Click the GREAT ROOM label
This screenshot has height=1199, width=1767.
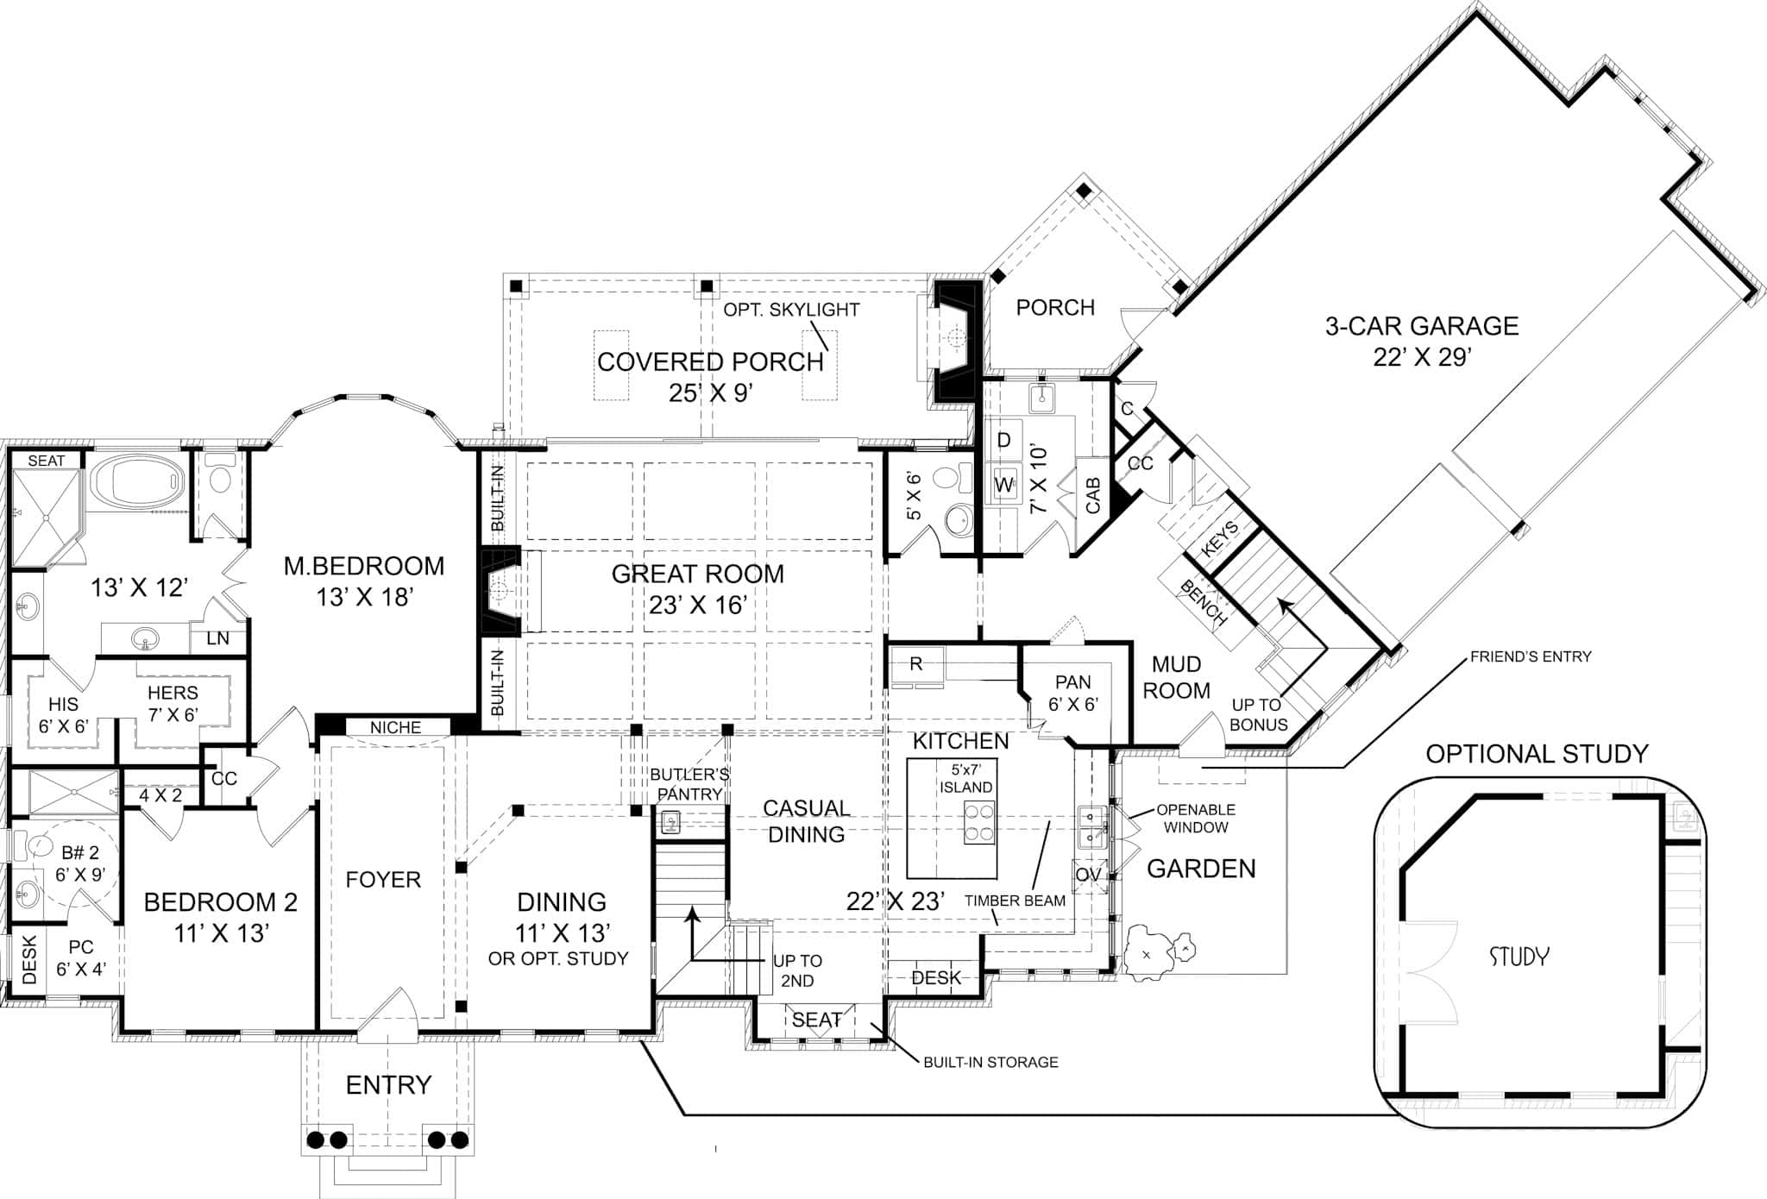[x=698, y=574]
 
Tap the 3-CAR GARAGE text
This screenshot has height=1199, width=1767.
[x=1422, y=326]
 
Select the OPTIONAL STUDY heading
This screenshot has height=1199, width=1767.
[x=1537, y=754]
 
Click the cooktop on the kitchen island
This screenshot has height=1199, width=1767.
[x=979, y=822]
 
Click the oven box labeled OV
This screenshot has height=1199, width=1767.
[x=1088, y=875]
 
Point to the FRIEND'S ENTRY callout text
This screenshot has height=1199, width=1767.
[x=1531, y=656]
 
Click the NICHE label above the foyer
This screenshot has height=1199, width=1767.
[x=395, y=728]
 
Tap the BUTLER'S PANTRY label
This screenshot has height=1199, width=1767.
[x=689, y=784]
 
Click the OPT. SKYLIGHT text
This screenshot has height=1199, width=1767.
[x=791, y=310]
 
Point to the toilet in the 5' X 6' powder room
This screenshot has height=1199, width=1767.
[x=952, y=477]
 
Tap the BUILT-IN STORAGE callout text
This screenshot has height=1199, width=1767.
[x=990, y=1063]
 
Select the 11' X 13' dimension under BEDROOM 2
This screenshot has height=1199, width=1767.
[x=222, y=933]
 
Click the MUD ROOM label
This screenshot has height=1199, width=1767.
[x=1176, y=677]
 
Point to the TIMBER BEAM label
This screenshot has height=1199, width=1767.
[x=1015, y=901]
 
